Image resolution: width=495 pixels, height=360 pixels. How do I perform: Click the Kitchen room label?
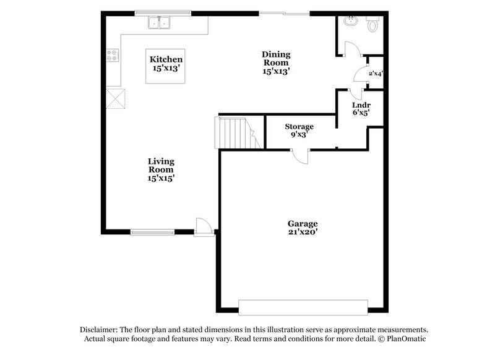click(166, 64)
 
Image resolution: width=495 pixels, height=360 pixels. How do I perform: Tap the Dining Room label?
click(276, 62)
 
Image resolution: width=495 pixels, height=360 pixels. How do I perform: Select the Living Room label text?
click(160, 169)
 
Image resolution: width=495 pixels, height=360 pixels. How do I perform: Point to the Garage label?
click(303, 228)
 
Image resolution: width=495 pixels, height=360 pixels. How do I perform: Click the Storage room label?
click(299, 131)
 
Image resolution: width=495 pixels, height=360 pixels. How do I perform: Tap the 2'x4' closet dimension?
click(376, 73)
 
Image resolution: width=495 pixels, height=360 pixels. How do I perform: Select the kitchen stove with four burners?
click(113, 56)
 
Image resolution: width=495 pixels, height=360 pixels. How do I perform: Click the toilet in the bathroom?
click(372, 25)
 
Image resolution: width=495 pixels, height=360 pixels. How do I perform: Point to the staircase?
click(236, 132)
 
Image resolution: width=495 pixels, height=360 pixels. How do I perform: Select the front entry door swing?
click(204, 226)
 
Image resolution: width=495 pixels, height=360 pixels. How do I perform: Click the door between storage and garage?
click(299, 155)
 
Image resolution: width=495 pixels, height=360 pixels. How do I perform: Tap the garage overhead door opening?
click(301, 308)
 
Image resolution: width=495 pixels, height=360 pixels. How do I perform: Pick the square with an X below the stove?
click(116, 98)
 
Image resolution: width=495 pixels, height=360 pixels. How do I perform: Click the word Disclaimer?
click(98, 330)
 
